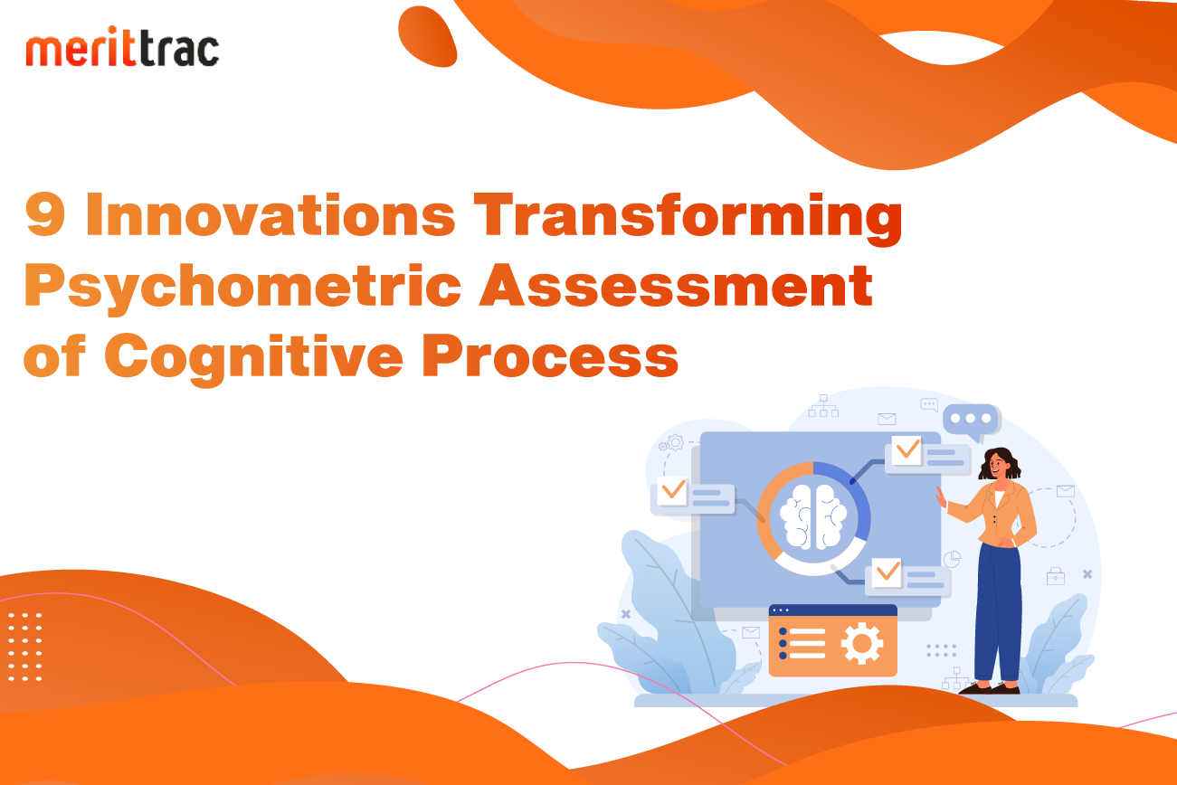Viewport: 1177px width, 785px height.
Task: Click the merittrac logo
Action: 122,46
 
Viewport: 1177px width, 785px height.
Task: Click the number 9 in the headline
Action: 45,214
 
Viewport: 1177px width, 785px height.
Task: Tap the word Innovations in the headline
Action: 271,213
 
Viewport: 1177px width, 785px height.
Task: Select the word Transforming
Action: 688,219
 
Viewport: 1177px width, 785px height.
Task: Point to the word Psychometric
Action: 242,288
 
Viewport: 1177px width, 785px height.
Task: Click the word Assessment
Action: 676,285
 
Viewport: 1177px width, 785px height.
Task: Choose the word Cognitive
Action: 254,359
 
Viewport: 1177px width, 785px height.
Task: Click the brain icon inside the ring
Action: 813,517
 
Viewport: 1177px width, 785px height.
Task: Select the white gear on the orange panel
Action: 862,643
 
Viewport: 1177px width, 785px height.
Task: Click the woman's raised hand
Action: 941,497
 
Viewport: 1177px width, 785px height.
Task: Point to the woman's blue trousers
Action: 998,612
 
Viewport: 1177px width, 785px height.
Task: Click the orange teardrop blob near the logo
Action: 427,37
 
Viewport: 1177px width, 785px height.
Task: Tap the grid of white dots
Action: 24,647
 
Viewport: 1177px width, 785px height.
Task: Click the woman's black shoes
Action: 990,688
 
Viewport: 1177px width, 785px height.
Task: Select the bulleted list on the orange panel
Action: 802,643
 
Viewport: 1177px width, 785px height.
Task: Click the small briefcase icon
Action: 1056,576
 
